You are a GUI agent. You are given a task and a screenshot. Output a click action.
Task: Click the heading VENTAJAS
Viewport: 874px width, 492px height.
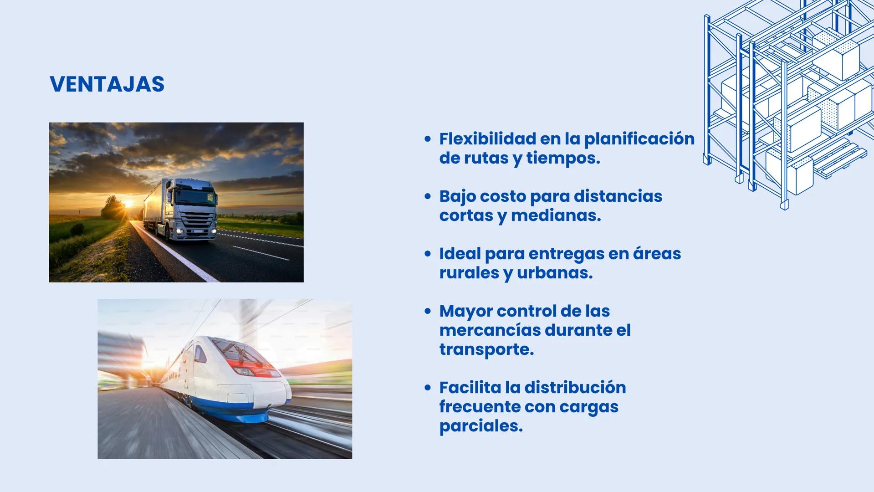click(107, 84)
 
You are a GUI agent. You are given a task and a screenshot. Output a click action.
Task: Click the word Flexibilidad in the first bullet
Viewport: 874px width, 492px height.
click(487, 139)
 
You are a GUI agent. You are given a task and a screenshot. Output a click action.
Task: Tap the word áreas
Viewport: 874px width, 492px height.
click(657, 253)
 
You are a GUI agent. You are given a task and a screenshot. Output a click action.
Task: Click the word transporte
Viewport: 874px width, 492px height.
click(486, 349)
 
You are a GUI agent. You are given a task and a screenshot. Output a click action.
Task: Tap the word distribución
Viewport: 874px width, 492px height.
click(575, 388)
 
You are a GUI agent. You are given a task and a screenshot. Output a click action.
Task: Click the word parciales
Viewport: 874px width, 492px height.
click(480, 426)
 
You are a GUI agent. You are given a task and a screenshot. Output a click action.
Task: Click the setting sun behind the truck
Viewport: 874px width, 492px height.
click(128, 204)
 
